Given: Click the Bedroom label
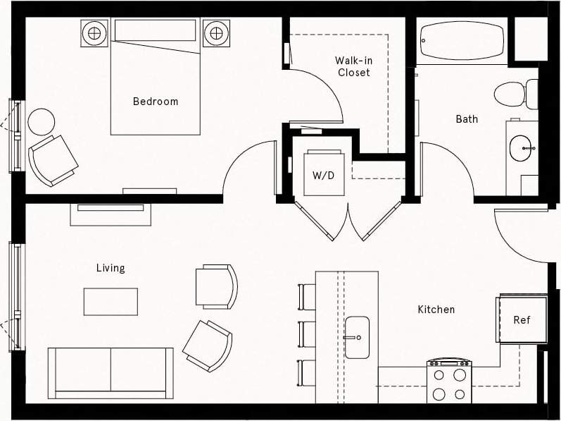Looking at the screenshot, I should pos(156,102).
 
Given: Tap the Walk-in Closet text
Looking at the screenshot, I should pos(353,66).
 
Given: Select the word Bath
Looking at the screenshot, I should pos(467,119).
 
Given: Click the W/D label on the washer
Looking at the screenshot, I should pos(324,176).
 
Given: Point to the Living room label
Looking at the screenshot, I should pos(111,268).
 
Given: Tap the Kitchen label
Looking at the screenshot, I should pos(436,309).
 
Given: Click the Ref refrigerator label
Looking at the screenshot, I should pos(522,319).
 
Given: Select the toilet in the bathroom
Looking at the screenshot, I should pos(513,94).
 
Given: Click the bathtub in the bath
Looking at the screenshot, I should pos(462,41).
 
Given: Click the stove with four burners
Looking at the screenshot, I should pos(449,383).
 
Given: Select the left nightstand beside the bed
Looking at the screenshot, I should pos(94,32).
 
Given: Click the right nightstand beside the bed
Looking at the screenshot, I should pos(216,32).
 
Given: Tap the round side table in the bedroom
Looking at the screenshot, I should pos(41,122).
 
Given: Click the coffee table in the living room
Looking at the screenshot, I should pos(111,301).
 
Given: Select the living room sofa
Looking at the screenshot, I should pos(111,372).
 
